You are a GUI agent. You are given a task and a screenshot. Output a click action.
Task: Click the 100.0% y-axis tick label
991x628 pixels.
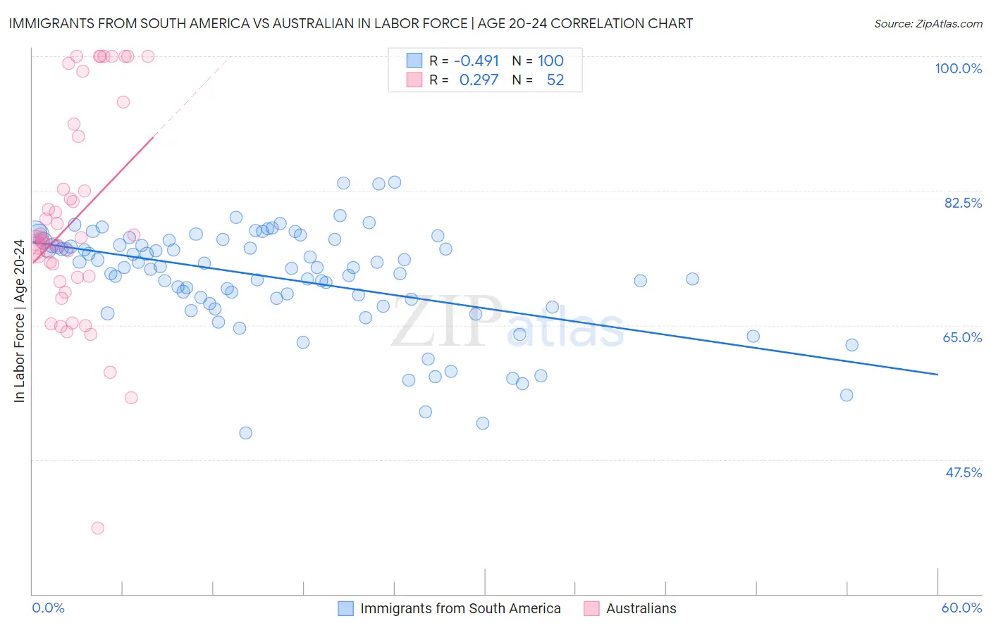tap(958, 68)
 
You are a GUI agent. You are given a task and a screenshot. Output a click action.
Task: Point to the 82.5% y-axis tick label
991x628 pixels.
tap(963, 203)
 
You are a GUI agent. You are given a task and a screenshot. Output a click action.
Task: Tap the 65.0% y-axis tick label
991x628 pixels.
tap(962, 337)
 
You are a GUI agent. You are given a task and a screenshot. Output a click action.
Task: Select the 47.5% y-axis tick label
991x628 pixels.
tap(964, 472)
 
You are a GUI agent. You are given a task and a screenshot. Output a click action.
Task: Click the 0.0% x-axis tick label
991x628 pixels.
tap(48, 608)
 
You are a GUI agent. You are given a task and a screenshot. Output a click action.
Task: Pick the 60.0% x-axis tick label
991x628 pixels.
tap(961, 608)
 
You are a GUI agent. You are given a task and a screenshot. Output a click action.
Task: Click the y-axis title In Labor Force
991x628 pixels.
tap(19, 321)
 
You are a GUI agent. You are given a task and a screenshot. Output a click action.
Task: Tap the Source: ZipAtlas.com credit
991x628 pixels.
tap(928, 23)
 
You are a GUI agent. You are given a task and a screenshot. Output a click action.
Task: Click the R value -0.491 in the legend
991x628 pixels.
tap(476, 61)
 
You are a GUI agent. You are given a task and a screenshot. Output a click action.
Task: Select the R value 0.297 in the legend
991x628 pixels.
tap(479, 80)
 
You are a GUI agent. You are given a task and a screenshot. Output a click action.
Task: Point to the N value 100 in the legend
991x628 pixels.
tap(550, 61)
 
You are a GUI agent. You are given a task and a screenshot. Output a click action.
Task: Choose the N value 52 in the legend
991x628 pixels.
tap(555, 80)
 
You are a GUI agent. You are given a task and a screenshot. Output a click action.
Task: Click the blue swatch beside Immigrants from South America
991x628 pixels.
tap(345, 608)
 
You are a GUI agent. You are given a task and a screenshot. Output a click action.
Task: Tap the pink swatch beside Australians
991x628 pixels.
tap(591, 608)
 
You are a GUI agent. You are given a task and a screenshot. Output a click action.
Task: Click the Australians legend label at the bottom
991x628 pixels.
tap(641, 608)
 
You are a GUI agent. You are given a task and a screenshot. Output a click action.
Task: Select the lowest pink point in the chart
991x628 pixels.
tap(98, 528)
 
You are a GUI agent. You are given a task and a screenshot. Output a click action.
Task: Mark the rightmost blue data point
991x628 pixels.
tap(852, 345)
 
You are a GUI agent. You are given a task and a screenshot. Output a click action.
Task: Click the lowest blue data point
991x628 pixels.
tap(245, 433)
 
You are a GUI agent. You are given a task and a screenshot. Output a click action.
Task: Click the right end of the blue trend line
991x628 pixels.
tap(937, 375)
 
